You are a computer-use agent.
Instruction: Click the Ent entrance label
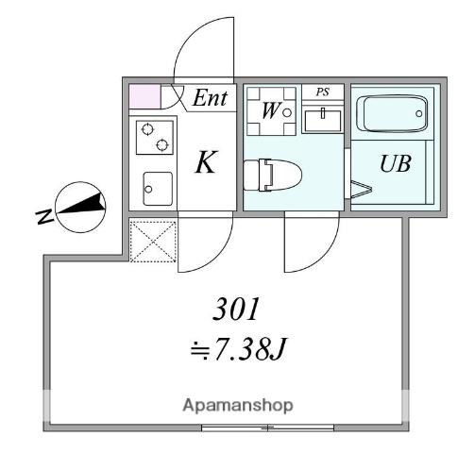tap(210, 98)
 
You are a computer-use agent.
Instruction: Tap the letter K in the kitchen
tap(206, 162)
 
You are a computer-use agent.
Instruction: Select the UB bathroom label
tap(396, 163)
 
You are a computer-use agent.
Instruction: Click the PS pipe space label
tap(323, 92)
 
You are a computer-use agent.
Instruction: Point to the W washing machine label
tap(270, 110)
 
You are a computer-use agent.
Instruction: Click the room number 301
tap(236, 309)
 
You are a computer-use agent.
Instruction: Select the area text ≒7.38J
tap(238, 349)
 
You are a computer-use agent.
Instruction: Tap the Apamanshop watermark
tap(238, 405)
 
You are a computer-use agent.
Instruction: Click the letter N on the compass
tap(44, 217)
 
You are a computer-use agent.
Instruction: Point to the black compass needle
tap(82, 205)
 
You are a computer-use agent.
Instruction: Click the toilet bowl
tap(273, 176)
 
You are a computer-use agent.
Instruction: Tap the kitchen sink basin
tap(158, 189)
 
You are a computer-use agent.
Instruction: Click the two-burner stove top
tap(155, 138)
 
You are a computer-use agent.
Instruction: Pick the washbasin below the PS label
tap(323, 120)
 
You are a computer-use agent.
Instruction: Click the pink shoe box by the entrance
tap(145, 96)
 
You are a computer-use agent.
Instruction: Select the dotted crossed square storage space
tap(153, 242)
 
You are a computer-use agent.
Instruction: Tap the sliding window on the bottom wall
tap(267, 428)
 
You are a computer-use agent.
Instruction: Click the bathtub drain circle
tap(418, 113)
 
